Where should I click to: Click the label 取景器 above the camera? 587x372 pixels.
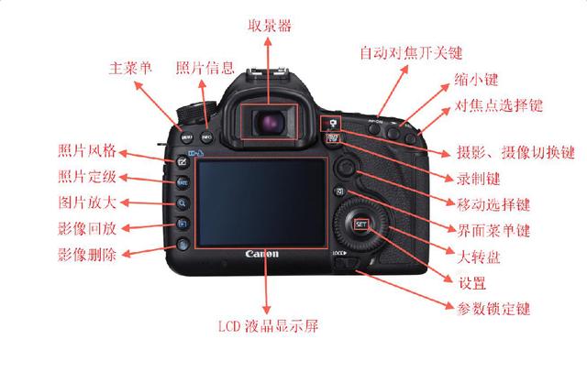(x=270, y=26)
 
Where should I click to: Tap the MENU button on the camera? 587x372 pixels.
(x=187, y=137)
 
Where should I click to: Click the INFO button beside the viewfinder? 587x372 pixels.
(x=206, y=137)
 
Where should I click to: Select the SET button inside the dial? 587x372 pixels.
(x=361, y=224)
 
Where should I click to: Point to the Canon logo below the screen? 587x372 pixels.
(x=262, y=254)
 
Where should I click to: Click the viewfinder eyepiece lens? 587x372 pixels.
(x=270, y=123)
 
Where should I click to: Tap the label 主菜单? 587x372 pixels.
(x=130, y=68)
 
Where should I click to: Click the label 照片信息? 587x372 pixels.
(x=205, y=68)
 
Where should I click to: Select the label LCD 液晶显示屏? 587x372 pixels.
(x=269, y=326)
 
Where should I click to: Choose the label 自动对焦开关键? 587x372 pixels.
(x=411, y=53)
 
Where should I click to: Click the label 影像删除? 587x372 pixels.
(x=87, y=255)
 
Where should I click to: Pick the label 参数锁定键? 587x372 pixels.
(x=493, y=309)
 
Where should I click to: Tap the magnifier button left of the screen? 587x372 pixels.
(x=183, y=203)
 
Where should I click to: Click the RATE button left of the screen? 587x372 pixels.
(x=183, y=182)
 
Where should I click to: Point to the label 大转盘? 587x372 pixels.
(x=479, y=257)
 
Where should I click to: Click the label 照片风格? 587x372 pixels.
(x=87, y=150)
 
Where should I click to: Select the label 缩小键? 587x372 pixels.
(x=476, y=80)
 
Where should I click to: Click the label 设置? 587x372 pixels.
(x=472, y=283)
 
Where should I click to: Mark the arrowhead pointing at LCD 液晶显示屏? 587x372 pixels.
(x=266, y=310)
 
